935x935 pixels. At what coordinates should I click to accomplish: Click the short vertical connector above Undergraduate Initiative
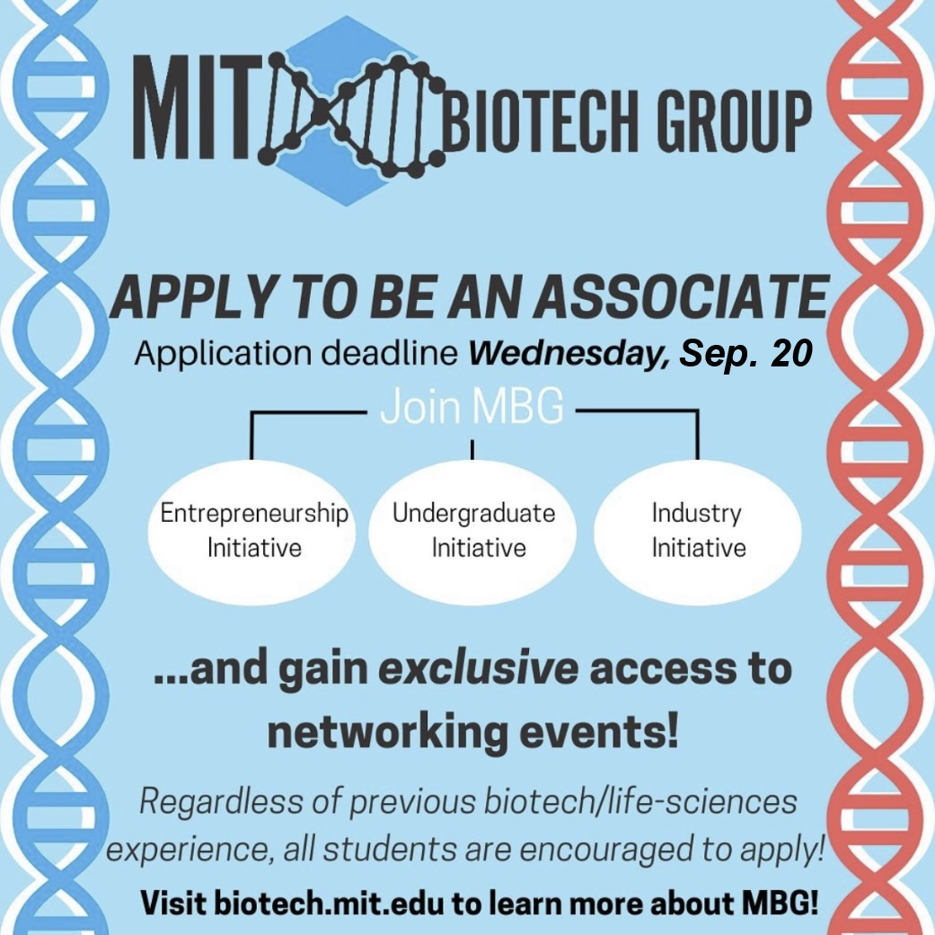[472, 448]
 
